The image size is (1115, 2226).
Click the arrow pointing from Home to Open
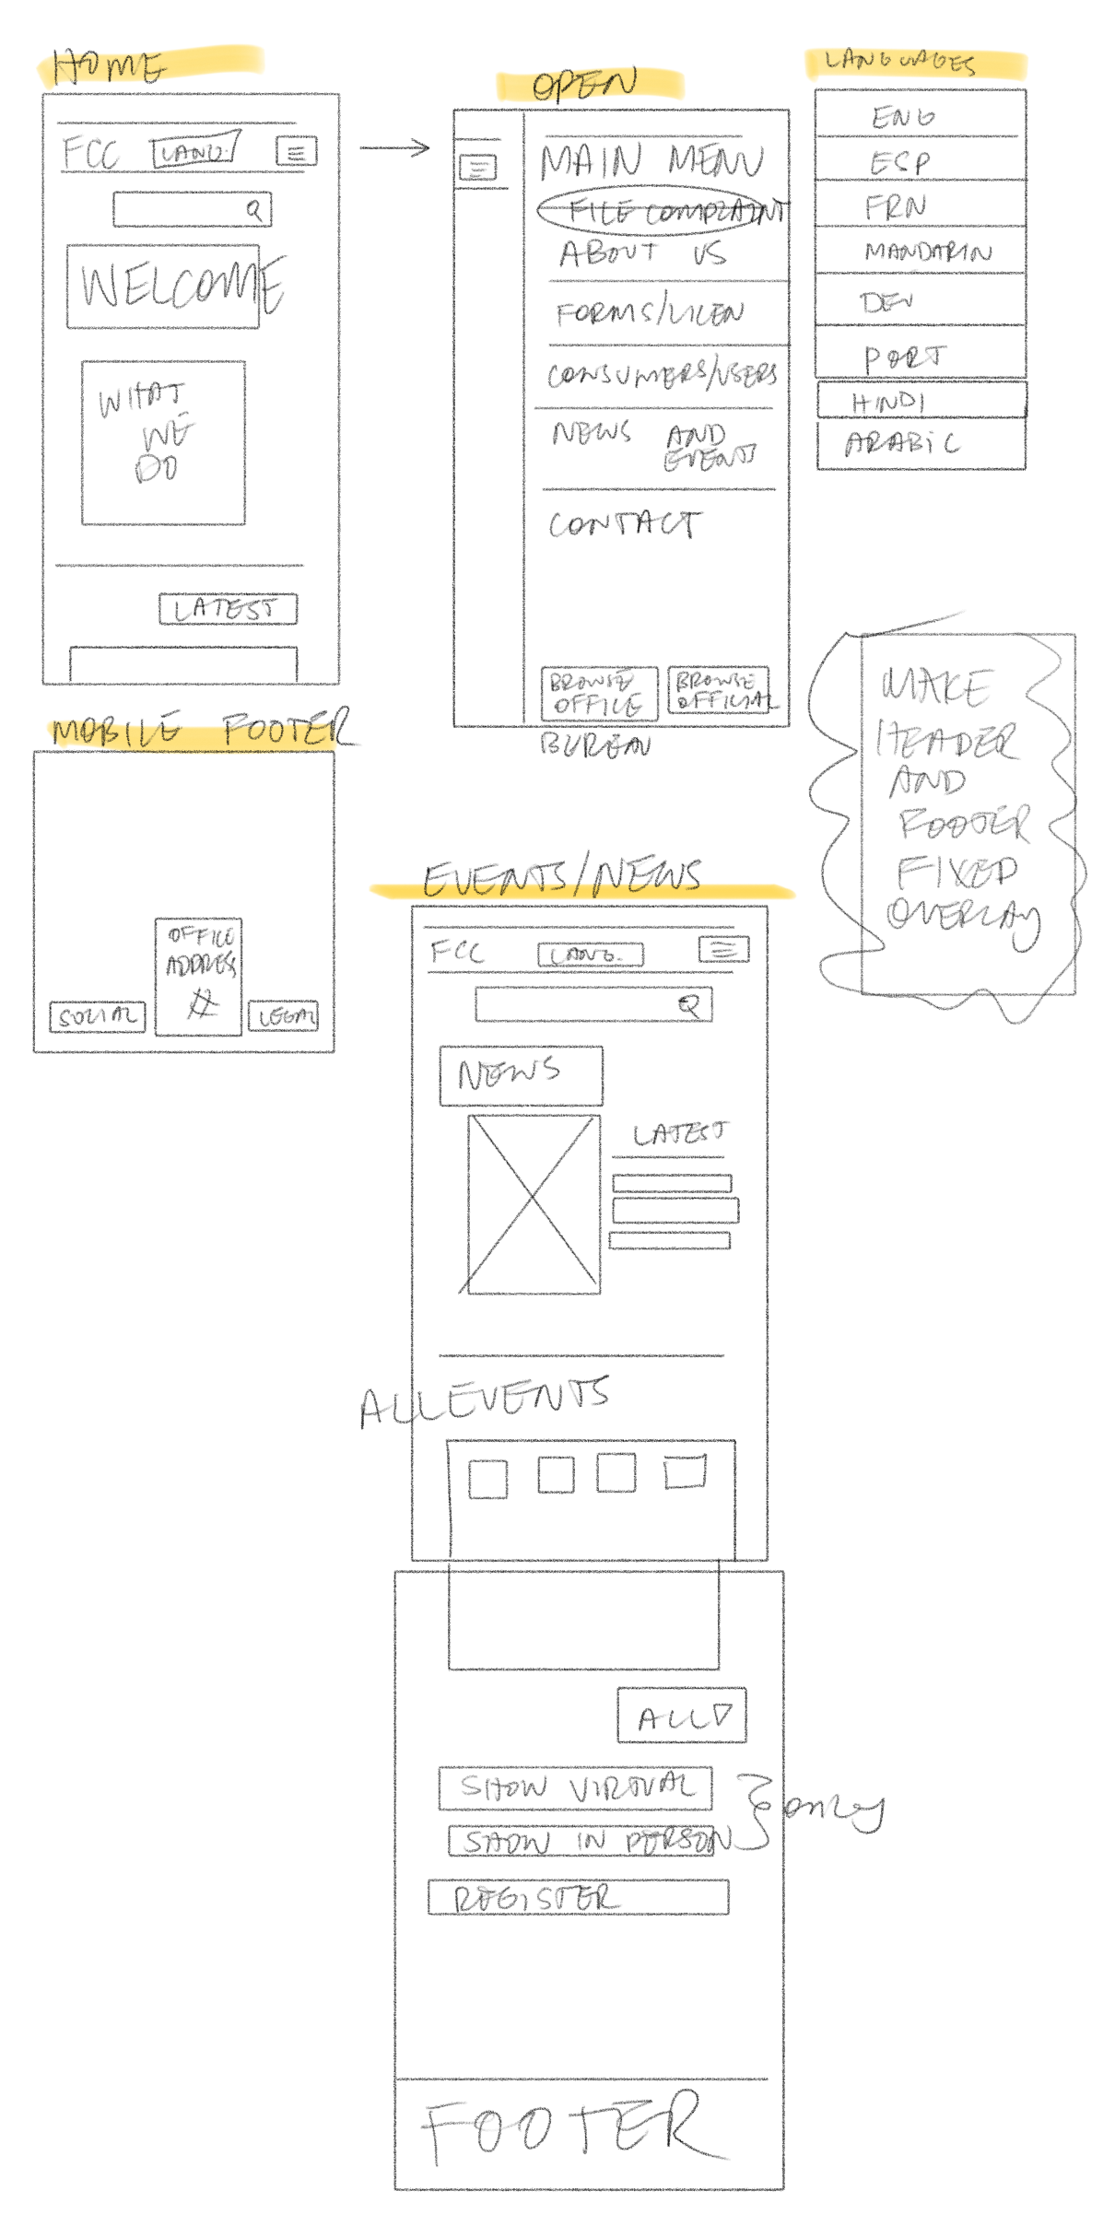394,147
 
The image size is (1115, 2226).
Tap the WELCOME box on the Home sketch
163,287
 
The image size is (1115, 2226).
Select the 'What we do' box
163,443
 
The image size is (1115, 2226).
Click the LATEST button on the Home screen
228,609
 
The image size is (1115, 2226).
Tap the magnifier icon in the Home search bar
254,210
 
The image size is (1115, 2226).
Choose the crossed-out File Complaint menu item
662,212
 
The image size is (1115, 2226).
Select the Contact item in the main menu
625,524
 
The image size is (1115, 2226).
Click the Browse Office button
599,694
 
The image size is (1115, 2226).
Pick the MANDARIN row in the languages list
921,251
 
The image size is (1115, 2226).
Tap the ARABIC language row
921,445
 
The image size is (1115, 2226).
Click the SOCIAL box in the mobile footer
97,1016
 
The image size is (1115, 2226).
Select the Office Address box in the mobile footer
199,976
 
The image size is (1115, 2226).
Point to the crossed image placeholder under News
534,1204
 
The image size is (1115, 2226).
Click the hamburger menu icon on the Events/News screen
723,949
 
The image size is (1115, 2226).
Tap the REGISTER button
578,1897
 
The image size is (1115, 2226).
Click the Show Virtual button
576,1788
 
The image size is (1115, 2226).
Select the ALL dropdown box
682,1716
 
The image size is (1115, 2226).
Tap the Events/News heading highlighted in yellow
563,878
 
